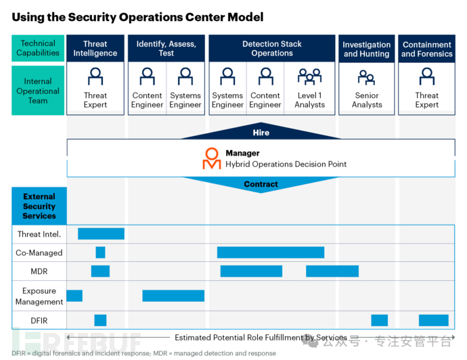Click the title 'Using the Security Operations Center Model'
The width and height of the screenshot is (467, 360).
coord(137,17)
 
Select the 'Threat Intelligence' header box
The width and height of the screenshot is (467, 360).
coord(95,49)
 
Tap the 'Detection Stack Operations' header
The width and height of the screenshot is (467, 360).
coord(272,49)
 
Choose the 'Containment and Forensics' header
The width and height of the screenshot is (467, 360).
coord(427,49)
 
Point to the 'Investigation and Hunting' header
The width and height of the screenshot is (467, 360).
coord(367,49)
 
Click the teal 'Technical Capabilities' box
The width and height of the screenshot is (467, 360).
coord(38,48)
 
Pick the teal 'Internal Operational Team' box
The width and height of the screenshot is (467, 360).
coord(38,91)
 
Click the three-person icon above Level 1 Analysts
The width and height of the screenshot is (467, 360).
coord(310,76)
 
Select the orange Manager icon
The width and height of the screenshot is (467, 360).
coord(212,158)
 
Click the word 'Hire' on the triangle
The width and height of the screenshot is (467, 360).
coord(261,133)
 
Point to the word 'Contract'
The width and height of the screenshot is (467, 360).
coord(261,184)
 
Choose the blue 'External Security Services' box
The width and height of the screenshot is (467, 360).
coord(39,206)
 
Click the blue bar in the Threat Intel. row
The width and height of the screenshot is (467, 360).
coord(101,233)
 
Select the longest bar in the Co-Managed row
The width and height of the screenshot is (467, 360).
coord(271,252)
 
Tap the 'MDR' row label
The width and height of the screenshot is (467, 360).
coord(39,271)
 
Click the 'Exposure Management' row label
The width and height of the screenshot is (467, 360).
coord(39,296)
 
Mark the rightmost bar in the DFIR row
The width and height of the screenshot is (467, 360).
coord(433,320)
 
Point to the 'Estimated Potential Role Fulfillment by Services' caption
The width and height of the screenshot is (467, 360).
coord(261,338)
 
